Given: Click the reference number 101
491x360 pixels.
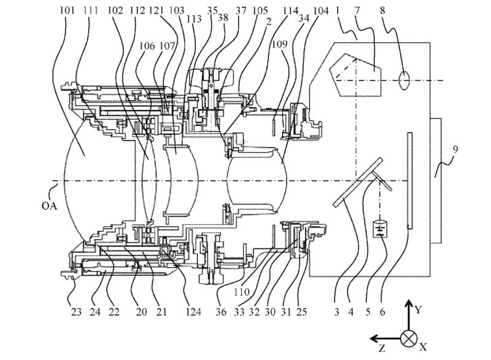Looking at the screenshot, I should point(68,11).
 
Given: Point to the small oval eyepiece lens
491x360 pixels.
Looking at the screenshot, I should point(404,80).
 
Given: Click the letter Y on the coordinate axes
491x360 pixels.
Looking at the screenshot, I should point(418,309).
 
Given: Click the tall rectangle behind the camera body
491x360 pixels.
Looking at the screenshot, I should point(438,180).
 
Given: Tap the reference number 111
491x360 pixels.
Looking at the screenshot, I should point(91,11).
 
